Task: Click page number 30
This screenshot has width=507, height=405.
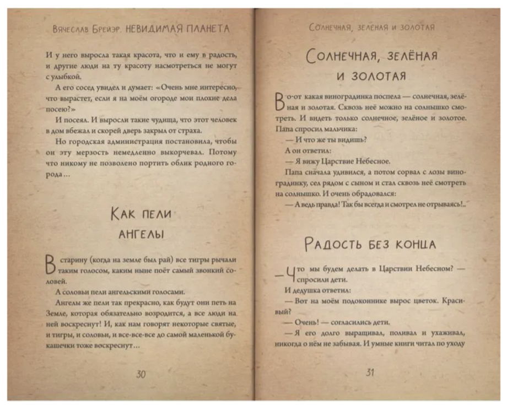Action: point(141,374)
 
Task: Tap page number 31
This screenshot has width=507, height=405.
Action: point(370,372)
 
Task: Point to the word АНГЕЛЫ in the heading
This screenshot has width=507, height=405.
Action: point(141,234)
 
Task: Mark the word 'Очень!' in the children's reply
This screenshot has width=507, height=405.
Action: point(303,322)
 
